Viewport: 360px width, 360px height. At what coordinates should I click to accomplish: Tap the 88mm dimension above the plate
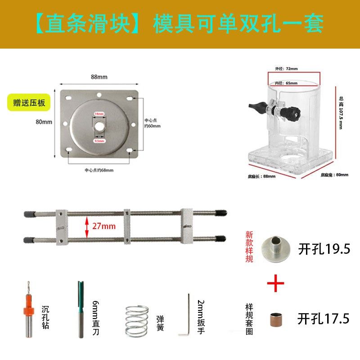99,77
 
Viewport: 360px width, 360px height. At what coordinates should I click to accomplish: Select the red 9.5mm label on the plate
99,141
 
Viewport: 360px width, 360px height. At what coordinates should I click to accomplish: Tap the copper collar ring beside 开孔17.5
276,319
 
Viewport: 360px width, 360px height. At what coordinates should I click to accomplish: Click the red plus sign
276,284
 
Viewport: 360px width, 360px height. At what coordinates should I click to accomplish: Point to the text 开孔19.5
324,248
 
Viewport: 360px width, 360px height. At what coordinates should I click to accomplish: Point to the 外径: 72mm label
286,69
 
